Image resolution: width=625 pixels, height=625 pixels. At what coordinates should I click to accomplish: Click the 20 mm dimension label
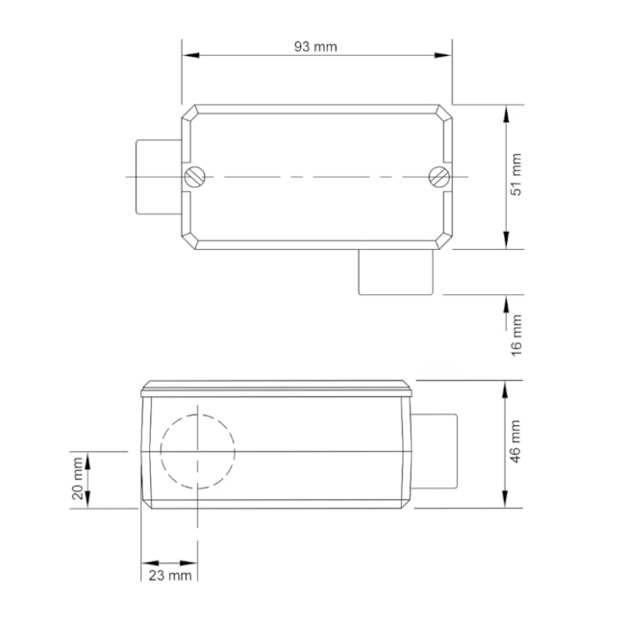(78, 479)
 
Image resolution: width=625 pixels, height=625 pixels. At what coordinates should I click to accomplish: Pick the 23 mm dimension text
(169, 575)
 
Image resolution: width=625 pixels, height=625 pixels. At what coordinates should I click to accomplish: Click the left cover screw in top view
(196, 176)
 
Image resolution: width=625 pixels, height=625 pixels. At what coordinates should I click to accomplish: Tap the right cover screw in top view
(437, 176)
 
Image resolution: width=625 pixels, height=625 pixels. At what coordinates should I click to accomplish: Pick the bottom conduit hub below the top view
(395, 271)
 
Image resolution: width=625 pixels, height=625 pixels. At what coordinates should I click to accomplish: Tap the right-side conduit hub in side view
(435, 450)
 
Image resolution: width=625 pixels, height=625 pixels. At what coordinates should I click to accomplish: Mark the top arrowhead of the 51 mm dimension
(507, 113)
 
